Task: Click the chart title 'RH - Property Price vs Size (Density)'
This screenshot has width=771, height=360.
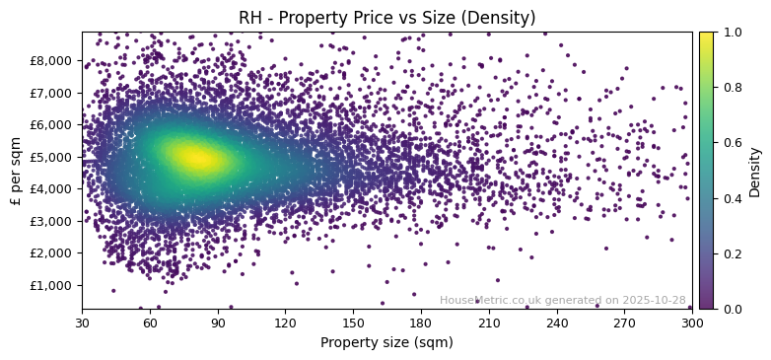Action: (x=386, y=18)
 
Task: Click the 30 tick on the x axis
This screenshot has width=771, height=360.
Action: (x=82, y=323)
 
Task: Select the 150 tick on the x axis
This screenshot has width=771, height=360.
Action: (x=353, y=323)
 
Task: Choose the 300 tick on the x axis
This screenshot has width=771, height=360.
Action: (x=692, y=323)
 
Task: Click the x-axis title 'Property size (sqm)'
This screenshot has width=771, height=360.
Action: (x=386, y=343)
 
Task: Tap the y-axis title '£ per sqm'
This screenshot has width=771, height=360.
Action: (x=16, y=171)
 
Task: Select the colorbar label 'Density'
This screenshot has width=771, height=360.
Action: (x=755, y=171)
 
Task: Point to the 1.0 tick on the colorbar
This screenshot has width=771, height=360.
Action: (x=731, y=33)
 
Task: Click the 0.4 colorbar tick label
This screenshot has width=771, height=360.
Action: (x=731, y=198)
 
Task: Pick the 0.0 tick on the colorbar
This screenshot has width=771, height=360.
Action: (x=731, y=309)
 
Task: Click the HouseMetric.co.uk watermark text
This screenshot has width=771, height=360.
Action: (x=562, y=301)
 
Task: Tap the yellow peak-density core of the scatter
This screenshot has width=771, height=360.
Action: (x=195, y=158)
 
